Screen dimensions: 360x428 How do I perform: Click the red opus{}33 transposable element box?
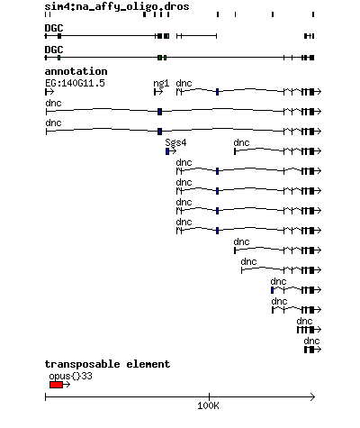click(56, 385)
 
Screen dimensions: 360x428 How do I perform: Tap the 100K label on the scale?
click(208, 406)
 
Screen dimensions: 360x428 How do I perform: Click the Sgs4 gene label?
click(175, 142)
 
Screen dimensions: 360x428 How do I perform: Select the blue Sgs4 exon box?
click(167, 151)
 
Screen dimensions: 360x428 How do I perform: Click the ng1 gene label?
click(161, 83)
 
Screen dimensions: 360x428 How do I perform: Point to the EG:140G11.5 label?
click(75, 83)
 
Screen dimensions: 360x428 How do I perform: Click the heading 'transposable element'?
click(107, 364)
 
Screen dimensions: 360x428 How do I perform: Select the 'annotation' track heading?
click(76, 71)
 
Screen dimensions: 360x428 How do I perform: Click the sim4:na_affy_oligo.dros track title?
click(117, 6)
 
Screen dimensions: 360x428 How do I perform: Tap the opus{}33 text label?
click(70, 376)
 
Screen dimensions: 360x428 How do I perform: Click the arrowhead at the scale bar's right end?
click(313, 397)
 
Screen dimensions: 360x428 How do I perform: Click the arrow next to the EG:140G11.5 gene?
click(49, 92)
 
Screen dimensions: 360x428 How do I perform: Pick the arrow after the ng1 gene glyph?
click(158, 92)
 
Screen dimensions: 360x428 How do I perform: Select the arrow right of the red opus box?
click(67, 385)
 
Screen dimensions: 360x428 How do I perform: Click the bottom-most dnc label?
click(311, 341)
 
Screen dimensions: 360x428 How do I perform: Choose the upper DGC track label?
click(54, 28)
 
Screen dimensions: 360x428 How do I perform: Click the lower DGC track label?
click(54, 50)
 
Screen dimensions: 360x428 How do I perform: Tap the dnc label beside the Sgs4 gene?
click(241, 142)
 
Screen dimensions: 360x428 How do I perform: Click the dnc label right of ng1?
click(184, 83)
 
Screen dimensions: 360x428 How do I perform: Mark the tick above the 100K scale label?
click(209, 396)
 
